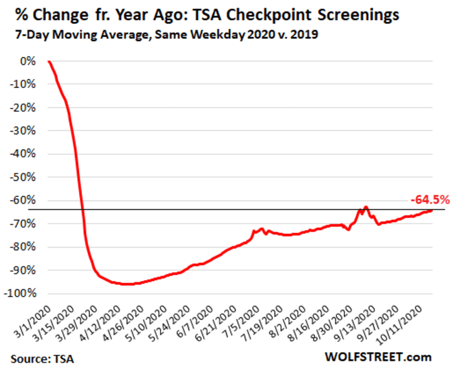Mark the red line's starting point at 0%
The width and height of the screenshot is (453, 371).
[x=49, y=61]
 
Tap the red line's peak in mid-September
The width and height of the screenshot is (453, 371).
[x=366, y=207]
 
